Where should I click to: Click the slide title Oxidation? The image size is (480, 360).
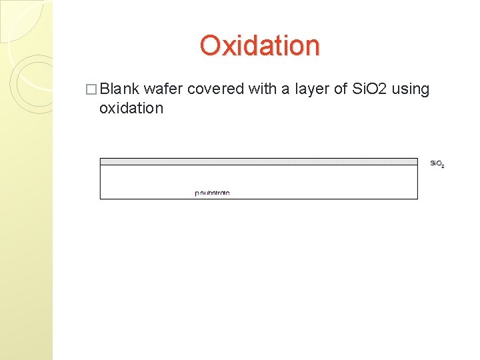pyautogui.click(x=259, y=45)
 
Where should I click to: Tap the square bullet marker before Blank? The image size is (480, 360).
pyautogui.click(x=93, y=89)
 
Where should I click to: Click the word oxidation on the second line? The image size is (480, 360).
pyautogui.click(x=131, y=108)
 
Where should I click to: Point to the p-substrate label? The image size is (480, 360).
pyautogui.click(x=212, y=193)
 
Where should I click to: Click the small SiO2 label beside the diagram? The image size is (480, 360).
pyautogui.click(x=437, y=163)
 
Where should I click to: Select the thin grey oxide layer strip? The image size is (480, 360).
pyautogui.click(x=259, y=161)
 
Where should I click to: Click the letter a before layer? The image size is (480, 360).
pyautogui.click(x=289, y=89)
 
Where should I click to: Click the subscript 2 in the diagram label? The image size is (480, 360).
pyautogui.click(x=443, y=165)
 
